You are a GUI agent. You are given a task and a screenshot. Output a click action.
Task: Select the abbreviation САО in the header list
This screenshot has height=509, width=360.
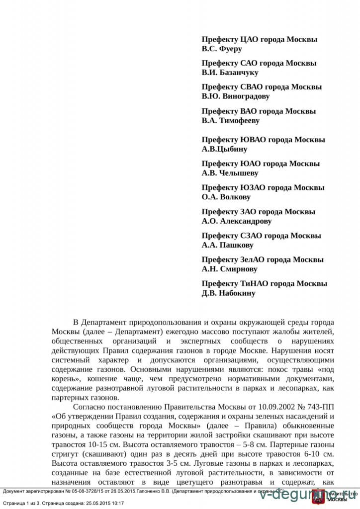(x=250, y=63)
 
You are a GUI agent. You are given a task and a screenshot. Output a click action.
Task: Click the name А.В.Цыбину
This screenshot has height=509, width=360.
(x=224, y=149)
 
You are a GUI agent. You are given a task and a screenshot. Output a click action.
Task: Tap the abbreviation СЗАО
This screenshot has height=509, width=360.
(x=253, y=236)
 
